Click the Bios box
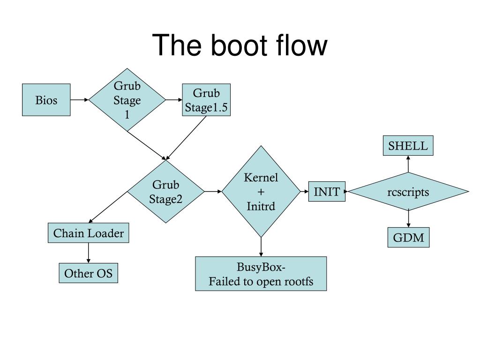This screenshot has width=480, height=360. [x=46, y=100]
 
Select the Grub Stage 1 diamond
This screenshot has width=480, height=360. [x=127, y=100]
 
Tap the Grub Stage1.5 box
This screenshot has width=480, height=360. [x=206, y=100]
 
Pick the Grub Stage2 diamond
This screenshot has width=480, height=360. [x=165, y=192]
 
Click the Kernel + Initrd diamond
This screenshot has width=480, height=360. [x=261, y=192]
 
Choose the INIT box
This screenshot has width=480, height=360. [x=327, y=192]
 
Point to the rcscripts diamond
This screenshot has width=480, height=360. [x=408, y=192]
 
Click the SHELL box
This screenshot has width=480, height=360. [x=408, y=145]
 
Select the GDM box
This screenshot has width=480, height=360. [x=408, y=237]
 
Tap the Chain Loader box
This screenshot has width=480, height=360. [x=89, y=233]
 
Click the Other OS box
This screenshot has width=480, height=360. [x=89, y=273]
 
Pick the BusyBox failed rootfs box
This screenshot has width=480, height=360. [x=261, y=274]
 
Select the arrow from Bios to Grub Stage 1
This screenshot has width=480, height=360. [x=80, y=100]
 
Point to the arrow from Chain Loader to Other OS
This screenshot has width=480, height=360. [x=89, y=253]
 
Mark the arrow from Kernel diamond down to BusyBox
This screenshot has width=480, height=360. [x=261, y=247]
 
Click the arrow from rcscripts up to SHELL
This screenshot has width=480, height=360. [x=408, y=164]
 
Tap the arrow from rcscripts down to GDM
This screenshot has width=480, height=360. [x=408, y=219]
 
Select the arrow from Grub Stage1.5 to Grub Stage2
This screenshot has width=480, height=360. [x=186, y=138]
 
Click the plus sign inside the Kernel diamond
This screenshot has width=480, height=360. [x=261, y=192]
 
